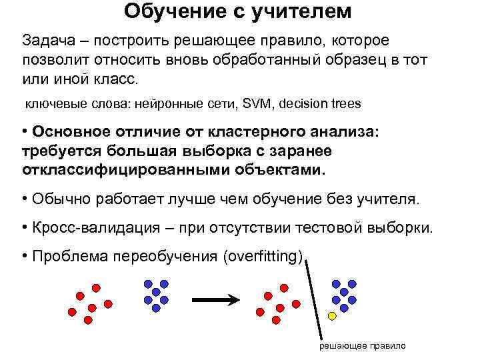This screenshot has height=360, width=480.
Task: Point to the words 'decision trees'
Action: coord(321,104)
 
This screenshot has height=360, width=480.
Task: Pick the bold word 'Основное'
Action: coord(77,132)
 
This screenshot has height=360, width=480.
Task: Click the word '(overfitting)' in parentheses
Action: coord(264,257)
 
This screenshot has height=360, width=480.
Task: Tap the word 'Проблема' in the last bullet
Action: coord(71,257)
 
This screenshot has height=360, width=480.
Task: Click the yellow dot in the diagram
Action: coord(332,313)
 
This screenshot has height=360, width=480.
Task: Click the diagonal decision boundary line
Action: coord(315,300)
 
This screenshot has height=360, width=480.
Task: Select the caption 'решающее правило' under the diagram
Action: coord(363,347)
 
